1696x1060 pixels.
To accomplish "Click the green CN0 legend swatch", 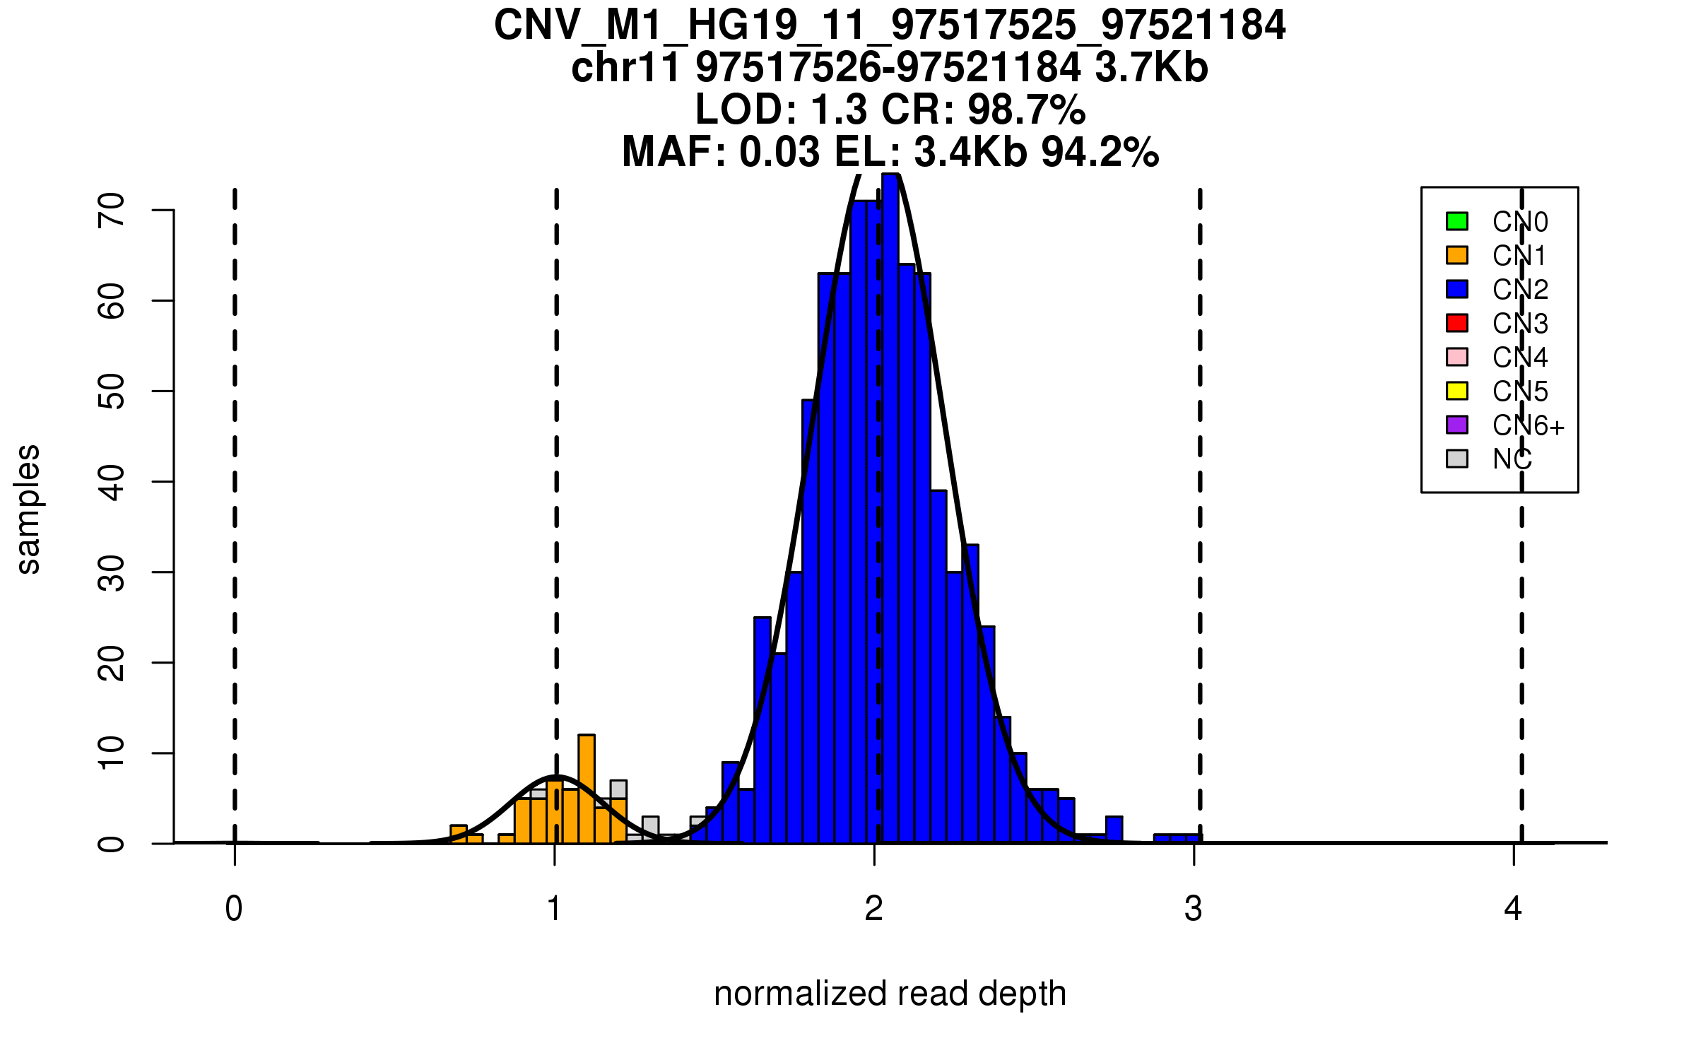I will point(1457,221).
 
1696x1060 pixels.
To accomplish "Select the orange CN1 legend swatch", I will point(1457,255).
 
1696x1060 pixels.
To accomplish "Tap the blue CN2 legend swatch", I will point(1457,289).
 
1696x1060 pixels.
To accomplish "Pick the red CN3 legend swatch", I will point(1457,323).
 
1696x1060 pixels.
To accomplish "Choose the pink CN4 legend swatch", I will point(1457,357).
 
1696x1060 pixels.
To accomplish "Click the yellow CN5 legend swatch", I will point(1457,391).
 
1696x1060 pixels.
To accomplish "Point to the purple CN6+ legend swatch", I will point(1457,425).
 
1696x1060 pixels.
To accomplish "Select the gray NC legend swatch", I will point(1457,459).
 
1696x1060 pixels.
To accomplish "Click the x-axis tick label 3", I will point(1194,909).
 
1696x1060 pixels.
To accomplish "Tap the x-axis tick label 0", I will point(234,909).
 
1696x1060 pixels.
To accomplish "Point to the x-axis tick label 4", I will point(1513,909).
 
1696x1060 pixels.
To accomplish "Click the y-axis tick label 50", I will point(112,391).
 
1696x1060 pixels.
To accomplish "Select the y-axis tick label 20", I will point(112,663).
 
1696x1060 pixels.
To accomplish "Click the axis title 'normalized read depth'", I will point(890,994).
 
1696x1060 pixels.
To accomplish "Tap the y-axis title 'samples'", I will point(28,509).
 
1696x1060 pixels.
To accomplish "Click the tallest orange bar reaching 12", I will point(587,788).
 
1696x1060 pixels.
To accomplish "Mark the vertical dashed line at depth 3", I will point(1200,495).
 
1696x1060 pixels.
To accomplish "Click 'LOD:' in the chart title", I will point(746,110).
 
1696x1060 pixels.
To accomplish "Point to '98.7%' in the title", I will point(1026,110).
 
